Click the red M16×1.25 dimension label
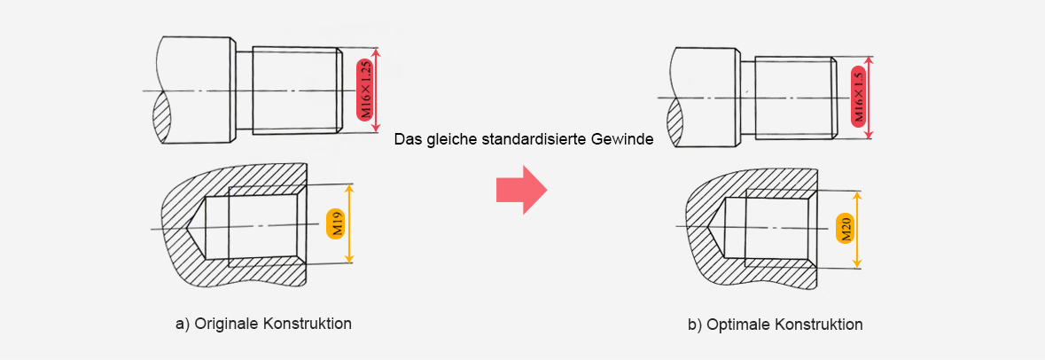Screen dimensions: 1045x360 coord(365,90)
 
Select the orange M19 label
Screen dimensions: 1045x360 coord(337,223)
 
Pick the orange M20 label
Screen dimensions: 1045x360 coord(845,229)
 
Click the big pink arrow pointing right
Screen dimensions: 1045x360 coord(521,190)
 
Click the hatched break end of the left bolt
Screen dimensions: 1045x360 coord(161,117)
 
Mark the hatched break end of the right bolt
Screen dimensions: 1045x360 coord(675,122)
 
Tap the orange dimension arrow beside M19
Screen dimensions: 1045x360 coord(352,223)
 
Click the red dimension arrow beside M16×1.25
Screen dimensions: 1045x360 coord(378,90)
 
